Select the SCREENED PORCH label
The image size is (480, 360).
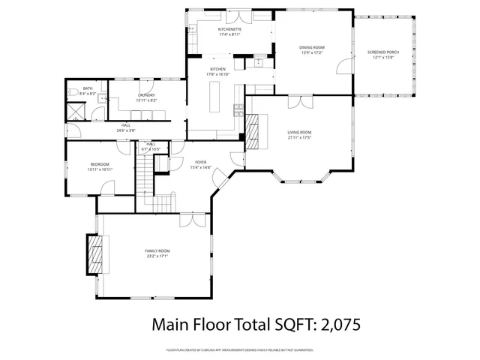pos(383,52)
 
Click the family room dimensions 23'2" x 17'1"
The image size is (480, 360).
pos(157,256)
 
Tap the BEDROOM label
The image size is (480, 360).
pos(100,164)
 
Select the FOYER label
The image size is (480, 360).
pos(201,162)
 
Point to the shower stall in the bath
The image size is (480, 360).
pos(76,112)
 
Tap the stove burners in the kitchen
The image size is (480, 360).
pos(239,108)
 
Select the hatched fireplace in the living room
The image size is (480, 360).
pos(255,130)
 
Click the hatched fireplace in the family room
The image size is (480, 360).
pos(94,256)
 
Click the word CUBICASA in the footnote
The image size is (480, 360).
pos(216,350)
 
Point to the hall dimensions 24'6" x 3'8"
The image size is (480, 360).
pos(126,130)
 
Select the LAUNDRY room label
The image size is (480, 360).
pos(146,95)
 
